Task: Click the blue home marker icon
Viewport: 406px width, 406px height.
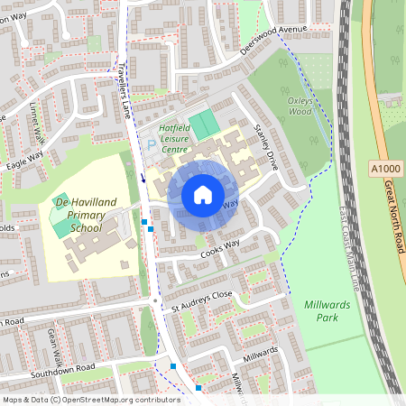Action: point(203,194)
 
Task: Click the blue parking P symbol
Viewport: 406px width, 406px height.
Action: point(152,144)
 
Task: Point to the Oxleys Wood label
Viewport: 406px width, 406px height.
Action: point(300,106)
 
